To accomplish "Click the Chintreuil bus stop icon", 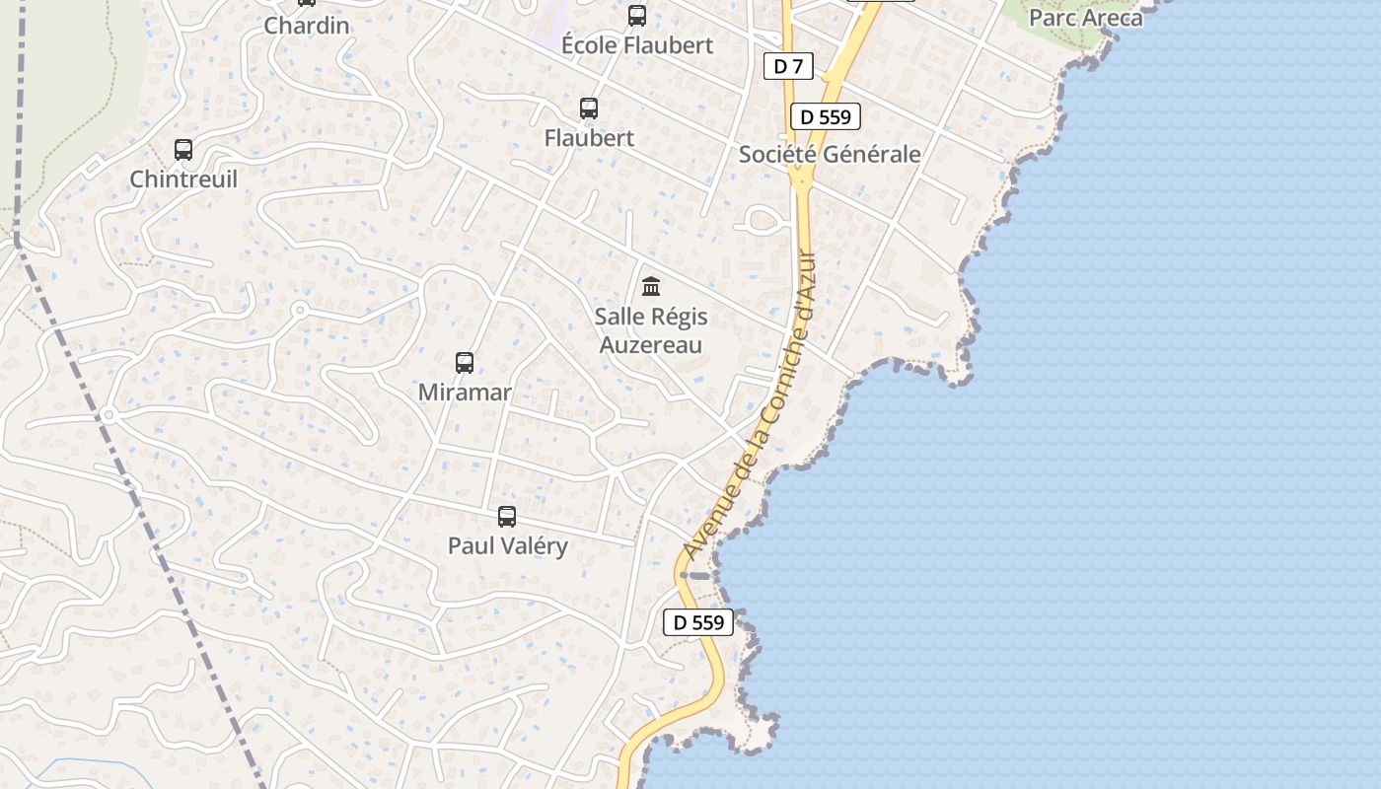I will tap(183, 150).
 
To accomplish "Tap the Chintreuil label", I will tap(183, 179).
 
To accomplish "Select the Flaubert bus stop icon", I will tap(589, 108).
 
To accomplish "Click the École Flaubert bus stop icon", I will tap(637, 16).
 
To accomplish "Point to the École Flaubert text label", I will tap(637, 45).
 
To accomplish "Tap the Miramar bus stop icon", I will tap(465, 363).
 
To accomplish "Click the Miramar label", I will tap(465, 393).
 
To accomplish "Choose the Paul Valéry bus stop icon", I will tap(507, 517).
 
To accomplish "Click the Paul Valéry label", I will tap(507, 546).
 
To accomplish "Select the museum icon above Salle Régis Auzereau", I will tap(651, 287).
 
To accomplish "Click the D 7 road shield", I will tap(788, 66).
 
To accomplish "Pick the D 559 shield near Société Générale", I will tap(826, 116).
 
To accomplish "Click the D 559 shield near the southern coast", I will tap(698, 622).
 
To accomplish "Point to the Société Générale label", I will tap(830, 155).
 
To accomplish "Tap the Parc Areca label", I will tap(1085, 18).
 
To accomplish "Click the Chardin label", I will tap(307, 26).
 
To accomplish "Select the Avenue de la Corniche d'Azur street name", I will tap(752, 404).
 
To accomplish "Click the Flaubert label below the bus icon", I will tap(589, 138).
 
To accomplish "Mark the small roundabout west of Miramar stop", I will tap(300, 311).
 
